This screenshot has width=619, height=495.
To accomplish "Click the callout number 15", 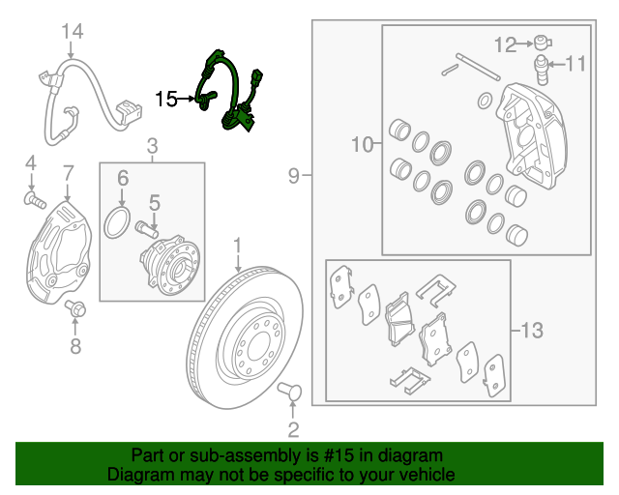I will (x=165, y=98).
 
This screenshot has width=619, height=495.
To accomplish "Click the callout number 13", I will (x=532, y=331).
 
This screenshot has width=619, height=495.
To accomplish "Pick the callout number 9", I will (x=293, y=176).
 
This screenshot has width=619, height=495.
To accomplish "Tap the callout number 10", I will (x=362, y=145).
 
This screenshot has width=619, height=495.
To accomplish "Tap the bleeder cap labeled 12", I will (x=543, y=43).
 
